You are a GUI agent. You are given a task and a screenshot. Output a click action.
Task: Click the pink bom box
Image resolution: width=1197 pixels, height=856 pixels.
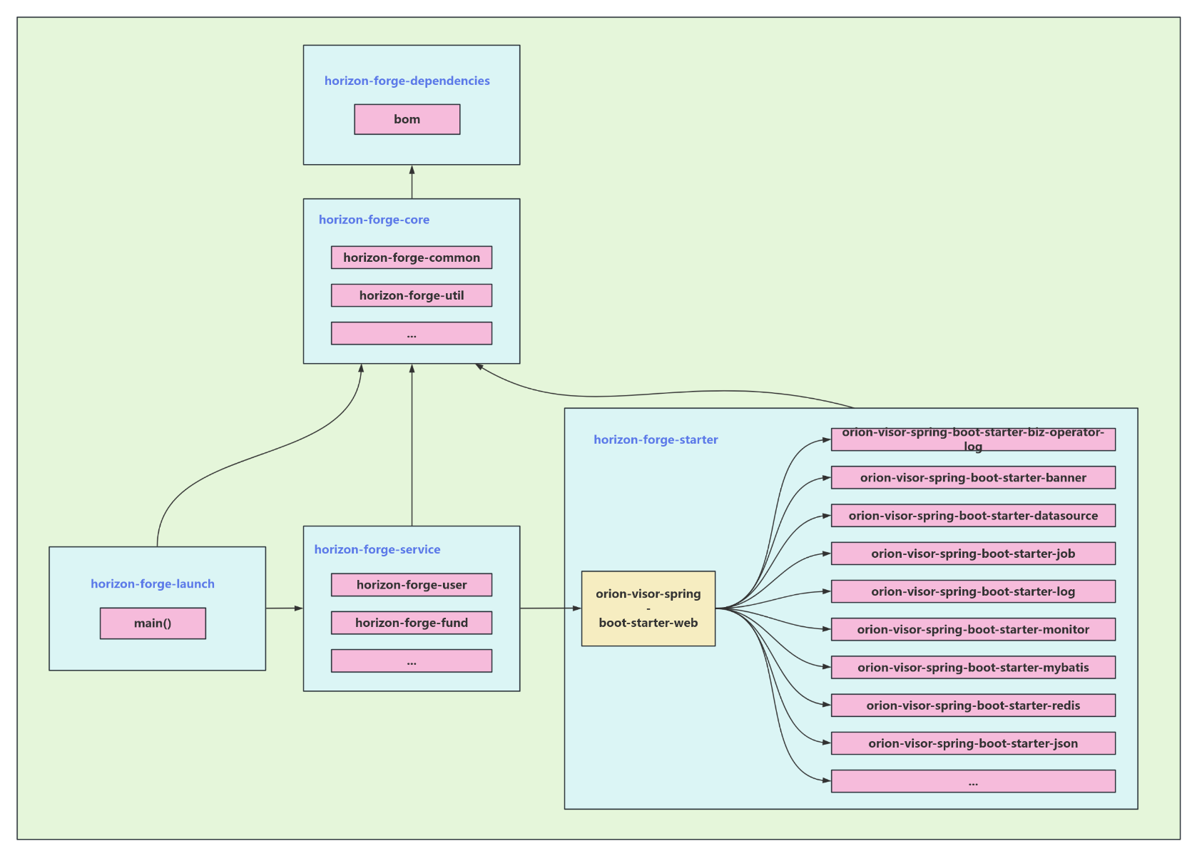pyautogui.click(x=407, y=119)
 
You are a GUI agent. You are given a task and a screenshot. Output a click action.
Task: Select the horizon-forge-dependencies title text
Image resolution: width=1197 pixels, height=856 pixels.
pyautogui.click(x=407, y=81)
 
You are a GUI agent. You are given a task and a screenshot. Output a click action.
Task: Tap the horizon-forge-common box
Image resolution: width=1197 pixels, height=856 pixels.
pyautogui.click(x=411, y=258)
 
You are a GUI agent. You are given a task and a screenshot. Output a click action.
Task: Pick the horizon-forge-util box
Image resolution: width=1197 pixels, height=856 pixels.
pyautogui.click(x=411, y=295)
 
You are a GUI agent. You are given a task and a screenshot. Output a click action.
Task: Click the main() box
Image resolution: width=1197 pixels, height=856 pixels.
pyautogui.click(x=153, y=623)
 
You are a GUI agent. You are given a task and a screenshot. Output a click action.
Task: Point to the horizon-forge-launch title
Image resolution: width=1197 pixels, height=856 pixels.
pyautogui.click(x=152, y=584)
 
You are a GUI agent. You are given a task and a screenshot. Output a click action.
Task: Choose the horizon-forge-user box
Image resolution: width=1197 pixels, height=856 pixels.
pyautogui.click(x=411, y=585)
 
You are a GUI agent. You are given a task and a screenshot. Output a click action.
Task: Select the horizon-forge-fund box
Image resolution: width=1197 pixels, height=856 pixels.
pyautogui.click(x=411, y=623)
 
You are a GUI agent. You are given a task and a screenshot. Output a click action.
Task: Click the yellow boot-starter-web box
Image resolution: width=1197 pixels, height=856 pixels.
pyautogui.click(x=648, y=608)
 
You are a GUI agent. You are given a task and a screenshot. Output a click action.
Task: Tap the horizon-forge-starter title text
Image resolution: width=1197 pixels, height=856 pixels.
pyautogui.click(x=656, y=439)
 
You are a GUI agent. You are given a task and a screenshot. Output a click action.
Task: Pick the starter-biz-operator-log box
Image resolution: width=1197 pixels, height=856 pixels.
pyautogui.click(x=972, y=439)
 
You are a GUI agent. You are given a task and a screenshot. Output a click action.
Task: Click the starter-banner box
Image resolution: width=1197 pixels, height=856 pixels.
pyautogui.click(x=972, y=477)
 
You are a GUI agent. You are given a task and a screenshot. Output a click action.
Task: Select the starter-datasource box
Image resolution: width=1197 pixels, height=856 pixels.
pyautogui.click(x=972, y=515)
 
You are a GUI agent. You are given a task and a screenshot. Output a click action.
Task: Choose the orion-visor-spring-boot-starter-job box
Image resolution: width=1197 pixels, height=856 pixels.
pyautogui.click(x=972, y=554)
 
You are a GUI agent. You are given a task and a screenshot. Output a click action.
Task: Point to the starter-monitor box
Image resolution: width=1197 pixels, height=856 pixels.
pyautogui.click(x=972, y=629)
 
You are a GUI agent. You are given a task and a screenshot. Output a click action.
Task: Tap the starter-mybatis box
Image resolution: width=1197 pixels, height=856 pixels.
pyautogui.click(x=972, y=667)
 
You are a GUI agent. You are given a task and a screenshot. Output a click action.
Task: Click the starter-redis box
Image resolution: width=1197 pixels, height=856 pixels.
pyautogui.click(x=972, y=705)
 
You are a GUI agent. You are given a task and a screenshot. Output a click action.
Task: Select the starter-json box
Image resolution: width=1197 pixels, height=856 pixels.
pyautogui.click(x=972, y=743)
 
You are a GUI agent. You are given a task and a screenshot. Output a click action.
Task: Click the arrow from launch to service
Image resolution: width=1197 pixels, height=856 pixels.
pyautogui.click(x=284, y=608)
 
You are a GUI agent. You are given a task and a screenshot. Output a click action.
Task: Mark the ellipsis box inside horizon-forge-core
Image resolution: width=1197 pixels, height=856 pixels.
pyautogui.click(x=411, y=333)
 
